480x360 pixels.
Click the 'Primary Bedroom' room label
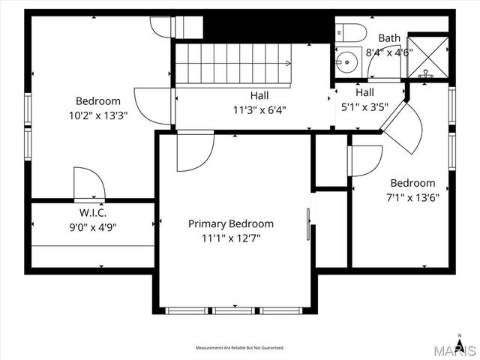pyautogui.click(x=230, y=223)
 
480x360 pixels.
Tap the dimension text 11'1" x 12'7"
pyautogui.click(x=230, y=238)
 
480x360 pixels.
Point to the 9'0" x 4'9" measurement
pyautogui.click(x=93, y=226)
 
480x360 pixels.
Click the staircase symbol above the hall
pyautogui.click(x=232, y=64)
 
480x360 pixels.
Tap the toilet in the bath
pyautogui.click(x=350, y=31)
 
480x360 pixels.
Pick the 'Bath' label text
pyautogui.click(x=389, y=37)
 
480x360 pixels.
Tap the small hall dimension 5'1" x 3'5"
pyautogui.click(x=364, y=106)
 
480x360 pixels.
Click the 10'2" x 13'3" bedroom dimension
pyautogui.click(x=97, y=115)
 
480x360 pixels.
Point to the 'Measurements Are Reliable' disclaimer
pyautogui.click(x=240, y=348)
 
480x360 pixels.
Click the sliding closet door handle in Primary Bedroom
pyautogui.click(x=307, y=223)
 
